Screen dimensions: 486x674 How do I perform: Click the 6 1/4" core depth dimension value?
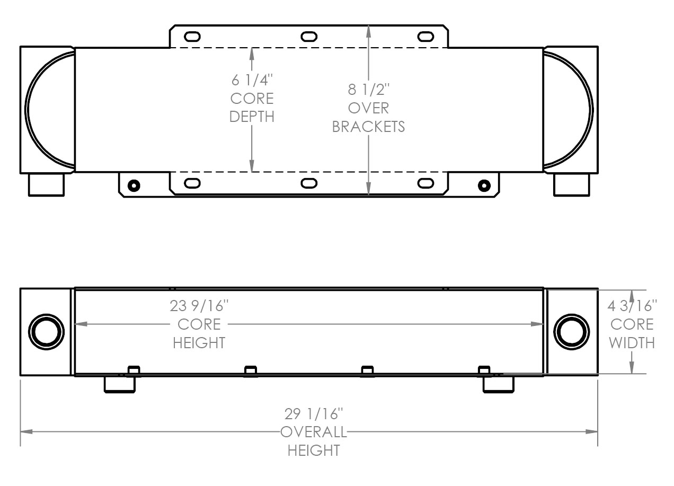[x=252, y=81]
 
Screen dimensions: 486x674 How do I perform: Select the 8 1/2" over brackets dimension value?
[x=368, y=89]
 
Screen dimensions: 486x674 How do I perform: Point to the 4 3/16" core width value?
[x=632, y=306]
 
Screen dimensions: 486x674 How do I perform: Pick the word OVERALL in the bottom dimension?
[x=314, y=432]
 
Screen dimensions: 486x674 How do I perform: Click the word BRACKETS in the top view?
[x=368, y=127]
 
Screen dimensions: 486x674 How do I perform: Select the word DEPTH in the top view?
[x=252, y=117]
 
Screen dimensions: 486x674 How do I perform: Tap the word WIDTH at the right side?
[x=632, y=343]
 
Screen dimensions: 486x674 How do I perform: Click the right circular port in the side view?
[x=572, y=332]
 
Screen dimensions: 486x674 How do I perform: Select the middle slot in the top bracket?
[x=308, y=37]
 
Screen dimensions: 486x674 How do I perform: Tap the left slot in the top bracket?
[x=192, y=37]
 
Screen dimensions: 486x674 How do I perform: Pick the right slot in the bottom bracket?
[x=425, y=183]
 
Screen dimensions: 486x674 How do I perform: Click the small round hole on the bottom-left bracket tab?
[x=134, y=185]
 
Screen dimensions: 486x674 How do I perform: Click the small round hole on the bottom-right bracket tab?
[x=484, y=185]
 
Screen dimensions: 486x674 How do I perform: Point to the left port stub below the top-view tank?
[x=46, y=184]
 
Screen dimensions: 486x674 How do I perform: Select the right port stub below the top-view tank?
[x=572, y=184]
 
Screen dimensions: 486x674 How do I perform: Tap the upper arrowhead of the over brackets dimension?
[x=368, y=30]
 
